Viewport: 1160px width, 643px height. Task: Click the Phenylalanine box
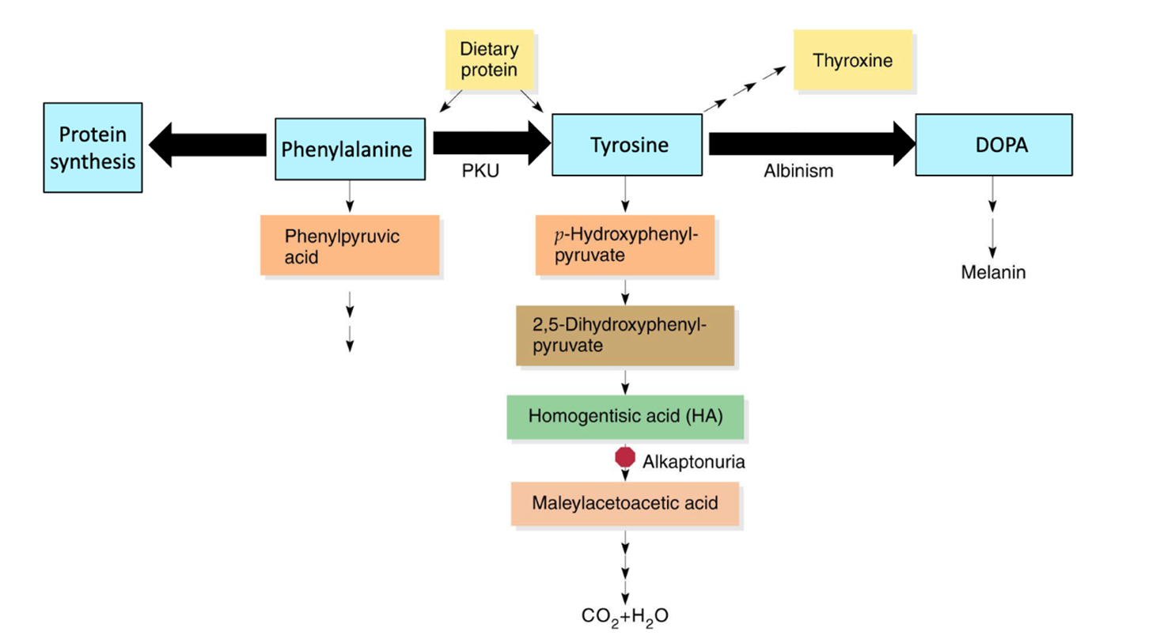pyautogui.click(x=350, y=149)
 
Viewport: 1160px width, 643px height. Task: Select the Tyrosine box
pyautogui.click(x=627, y=145)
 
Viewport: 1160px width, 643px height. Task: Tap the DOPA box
pyautogui.click(x=994, y=145)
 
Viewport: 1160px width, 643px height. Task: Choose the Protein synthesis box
pyautogui.click(x=93, y=148)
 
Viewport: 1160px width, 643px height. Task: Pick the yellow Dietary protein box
pyautogui.click(x=489, y=59)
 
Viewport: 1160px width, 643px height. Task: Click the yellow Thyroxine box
pyautogui.click(x=852, y=61)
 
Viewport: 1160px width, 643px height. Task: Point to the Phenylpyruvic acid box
pyautogui.click(x=350, y=246)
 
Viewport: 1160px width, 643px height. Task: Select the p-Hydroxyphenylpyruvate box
pyautogui.click(x=625, y=245)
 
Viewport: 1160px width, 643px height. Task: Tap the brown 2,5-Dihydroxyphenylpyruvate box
pyautogui.click(x=625, y=335)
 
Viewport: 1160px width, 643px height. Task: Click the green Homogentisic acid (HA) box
pyautogui.click(x=625, y=417)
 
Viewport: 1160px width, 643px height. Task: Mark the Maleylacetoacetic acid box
pyautogui.click(x=625, y=504)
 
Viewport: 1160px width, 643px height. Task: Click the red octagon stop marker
pyautogui.click(x=625, y=457)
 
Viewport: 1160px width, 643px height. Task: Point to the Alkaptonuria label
pyautogui.click(x=693, y=462)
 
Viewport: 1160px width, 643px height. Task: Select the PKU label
pyautogui.click(x=480, y=172)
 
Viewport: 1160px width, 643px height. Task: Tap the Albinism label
pyautogui.click(x=798, y=172)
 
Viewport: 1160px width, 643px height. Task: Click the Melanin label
pyautogui.click(x=993, y=273)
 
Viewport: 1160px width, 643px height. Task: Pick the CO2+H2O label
pyautogui.click(x=625, y=616)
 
